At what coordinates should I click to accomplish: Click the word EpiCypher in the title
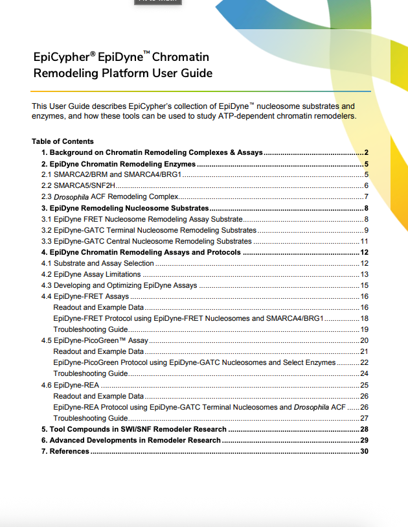58,57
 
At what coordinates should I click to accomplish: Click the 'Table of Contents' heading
63,141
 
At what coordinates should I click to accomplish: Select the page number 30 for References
364,451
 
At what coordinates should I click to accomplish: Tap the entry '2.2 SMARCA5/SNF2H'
78,185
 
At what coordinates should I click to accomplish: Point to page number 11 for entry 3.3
364,241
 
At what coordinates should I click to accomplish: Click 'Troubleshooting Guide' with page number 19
90,329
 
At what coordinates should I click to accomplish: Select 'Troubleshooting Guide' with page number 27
90,418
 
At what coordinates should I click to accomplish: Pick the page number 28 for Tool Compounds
364,429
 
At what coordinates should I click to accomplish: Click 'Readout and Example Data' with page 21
98,351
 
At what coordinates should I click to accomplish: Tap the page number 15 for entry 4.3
364,285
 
